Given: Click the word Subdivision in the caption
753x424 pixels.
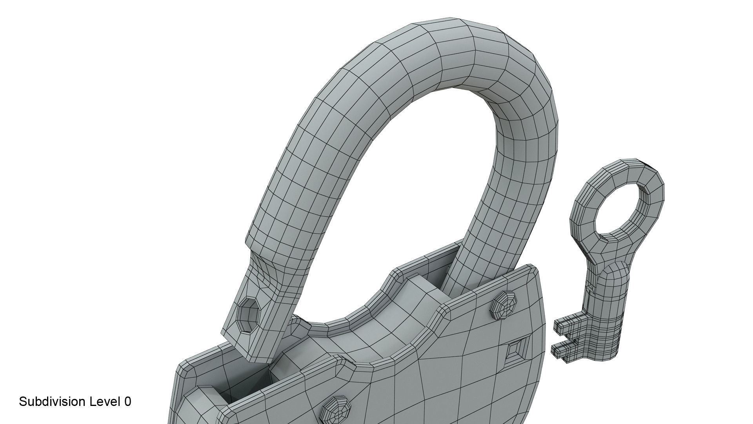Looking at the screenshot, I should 52,402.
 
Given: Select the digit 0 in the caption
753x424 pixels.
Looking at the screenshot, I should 127,402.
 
